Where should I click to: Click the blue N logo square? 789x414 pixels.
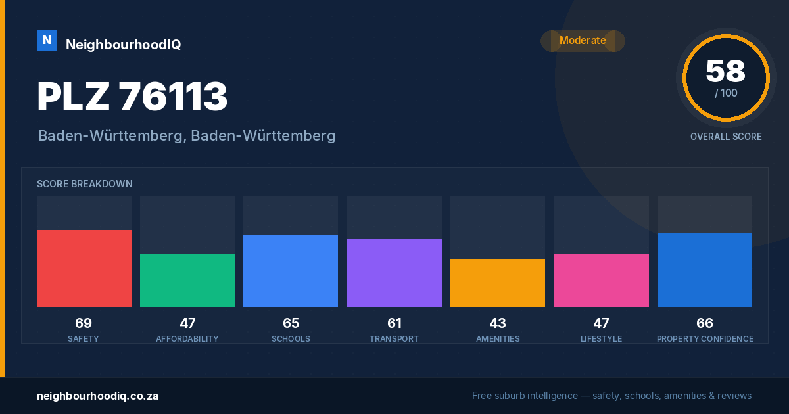47,41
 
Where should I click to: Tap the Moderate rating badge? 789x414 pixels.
583,41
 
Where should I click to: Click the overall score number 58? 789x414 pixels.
726,71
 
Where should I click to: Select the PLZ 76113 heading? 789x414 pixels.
132,97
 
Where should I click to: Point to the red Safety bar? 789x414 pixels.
84,268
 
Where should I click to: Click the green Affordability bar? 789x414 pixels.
187,281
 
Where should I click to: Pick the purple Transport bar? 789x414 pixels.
394,273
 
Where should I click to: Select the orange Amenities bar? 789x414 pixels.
498,283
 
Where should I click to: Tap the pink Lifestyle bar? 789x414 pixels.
602,281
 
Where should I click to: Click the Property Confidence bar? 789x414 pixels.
705,270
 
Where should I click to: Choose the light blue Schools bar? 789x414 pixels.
291,271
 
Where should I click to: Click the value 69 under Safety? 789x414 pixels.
84,323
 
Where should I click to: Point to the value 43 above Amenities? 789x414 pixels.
498,323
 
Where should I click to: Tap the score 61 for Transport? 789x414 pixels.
394,323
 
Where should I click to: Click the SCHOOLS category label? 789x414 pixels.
291,339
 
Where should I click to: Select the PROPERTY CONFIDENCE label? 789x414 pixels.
705,339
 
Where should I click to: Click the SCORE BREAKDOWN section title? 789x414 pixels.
85,184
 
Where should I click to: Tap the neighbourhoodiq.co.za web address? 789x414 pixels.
97,396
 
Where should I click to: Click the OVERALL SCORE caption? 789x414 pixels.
726,137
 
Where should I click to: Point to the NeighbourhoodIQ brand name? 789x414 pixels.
124,45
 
